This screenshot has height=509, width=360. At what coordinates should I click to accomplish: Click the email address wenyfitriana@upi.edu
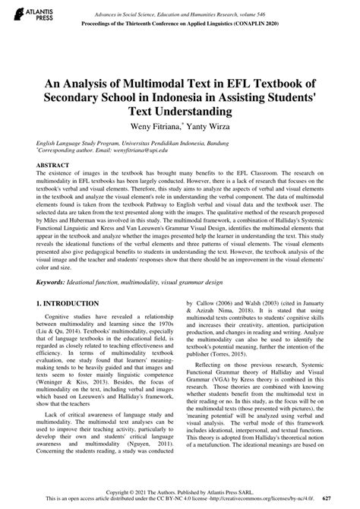[137, 150]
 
